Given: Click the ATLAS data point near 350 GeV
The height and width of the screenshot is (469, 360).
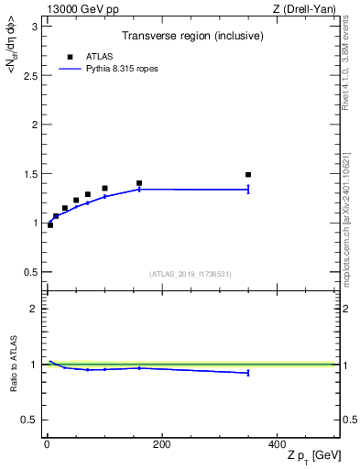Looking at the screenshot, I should tap(248, 174).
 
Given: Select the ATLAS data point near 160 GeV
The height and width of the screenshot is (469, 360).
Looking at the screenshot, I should tap(139, 183).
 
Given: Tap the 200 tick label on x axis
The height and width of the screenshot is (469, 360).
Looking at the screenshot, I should tap(161, 444).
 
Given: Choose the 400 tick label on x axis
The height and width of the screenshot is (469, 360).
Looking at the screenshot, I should tap(277, 444).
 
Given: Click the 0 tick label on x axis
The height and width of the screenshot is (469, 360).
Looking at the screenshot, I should tap(47, 444).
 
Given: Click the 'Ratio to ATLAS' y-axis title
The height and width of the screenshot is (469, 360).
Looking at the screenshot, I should tap(13, 365).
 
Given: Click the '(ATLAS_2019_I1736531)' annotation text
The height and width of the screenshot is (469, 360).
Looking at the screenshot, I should tap(190, 274).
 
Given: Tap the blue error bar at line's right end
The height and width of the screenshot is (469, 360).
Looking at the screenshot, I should tap(248, 190).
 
